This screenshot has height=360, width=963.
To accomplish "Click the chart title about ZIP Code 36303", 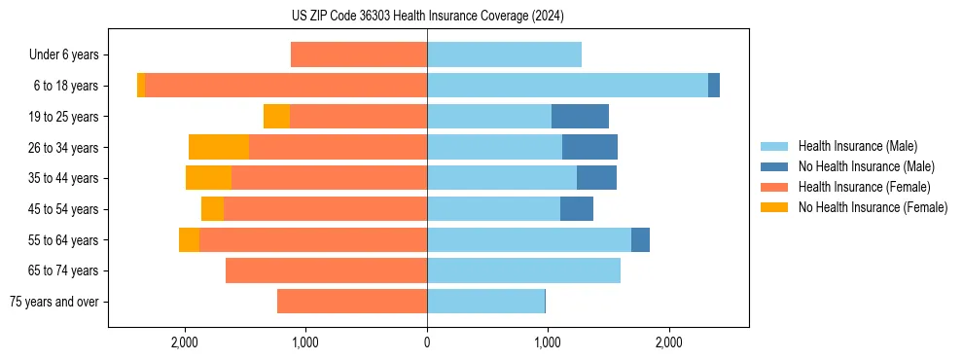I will (x=427, y=16).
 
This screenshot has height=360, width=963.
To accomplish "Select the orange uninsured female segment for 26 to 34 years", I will (x=219, y=147).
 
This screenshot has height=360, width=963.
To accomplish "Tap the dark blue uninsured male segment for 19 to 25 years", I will (x=580, y=117).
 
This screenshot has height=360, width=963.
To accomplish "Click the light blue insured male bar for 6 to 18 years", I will (x=567, y=86).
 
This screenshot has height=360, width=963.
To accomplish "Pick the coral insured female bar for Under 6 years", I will (x=359, y=54).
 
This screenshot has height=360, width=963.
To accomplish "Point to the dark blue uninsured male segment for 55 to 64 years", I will (x=640, y=239).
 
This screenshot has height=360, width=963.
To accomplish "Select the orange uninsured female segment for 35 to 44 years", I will (x=208, y=178).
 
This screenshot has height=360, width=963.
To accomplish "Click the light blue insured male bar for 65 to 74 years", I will (x=523, y=270).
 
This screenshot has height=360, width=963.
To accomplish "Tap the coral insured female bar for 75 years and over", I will (x=352, y=302).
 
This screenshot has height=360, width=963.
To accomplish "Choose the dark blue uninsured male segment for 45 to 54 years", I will (x=577, y=209).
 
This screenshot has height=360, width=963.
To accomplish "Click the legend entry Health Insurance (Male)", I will (x=857, y=146).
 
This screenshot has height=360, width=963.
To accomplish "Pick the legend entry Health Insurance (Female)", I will (x=864, y=187).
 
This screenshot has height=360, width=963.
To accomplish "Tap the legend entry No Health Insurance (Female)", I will (x=873, y=207).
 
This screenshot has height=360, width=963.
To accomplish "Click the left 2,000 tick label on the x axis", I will (x=185, y=342).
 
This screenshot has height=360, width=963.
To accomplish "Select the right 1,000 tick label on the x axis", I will (x=548, y=342).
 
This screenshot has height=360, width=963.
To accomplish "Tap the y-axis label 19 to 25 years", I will (x=64, y=117).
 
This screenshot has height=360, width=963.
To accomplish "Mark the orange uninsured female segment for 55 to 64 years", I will (x=189, y=239).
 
